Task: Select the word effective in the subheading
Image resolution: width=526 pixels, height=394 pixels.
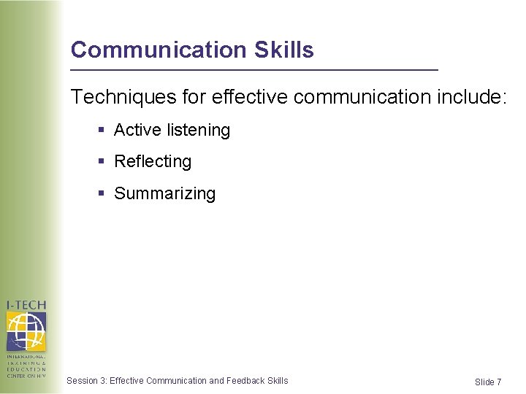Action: (243, 97)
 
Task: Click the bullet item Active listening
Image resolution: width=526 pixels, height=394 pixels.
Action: (172, 131)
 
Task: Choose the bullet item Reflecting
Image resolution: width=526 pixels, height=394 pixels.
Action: (153, 162)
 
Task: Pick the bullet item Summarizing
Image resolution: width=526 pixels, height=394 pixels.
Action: (164, 194)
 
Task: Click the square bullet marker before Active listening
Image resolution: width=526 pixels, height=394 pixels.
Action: (101, 131)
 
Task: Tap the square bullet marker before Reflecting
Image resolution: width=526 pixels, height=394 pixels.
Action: (101, 162)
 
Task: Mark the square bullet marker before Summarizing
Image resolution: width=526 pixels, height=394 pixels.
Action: (101, 193)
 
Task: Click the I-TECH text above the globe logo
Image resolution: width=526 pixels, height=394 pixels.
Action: (26, 306)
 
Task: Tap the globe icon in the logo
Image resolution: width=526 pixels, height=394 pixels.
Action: (26, 331)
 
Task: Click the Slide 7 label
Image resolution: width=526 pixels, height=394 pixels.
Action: (488, 382)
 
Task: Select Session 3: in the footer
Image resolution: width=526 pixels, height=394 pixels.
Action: (86, 380)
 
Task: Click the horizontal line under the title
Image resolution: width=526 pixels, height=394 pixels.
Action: (254, 69)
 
